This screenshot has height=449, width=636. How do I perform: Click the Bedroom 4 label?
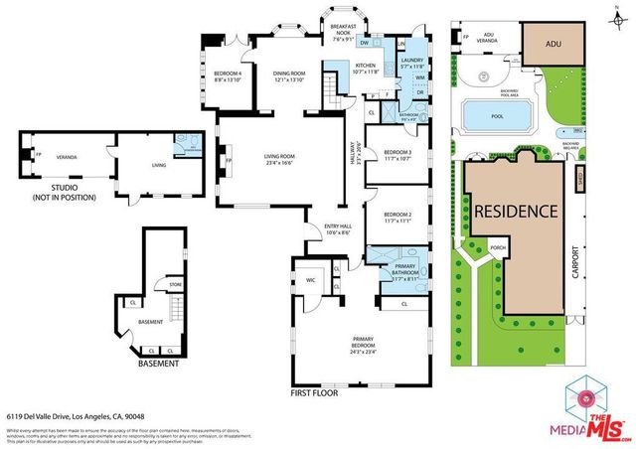point(228,76)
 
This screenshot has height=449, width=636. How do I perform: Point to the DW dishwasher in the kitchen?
point(364,44)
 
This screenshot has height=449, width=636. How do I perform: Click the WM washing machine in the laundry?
point(420,76)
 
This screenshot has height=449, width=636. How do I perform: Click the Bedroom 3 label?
point(397,155)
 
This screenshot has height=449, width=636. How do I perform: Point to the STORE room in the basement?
point(175,284)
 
